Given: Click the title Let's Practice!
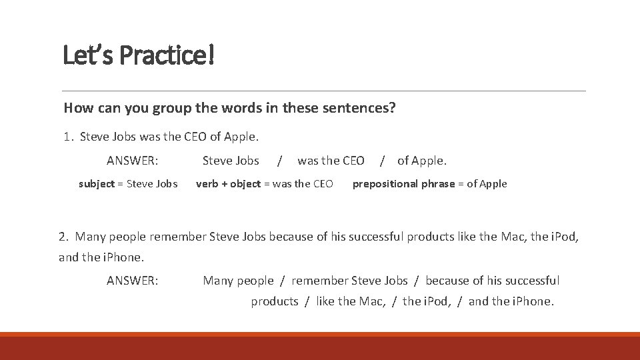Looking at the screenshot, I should pyautogui.click(x=139, y=55).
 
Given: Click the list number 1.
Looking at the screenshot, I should pyautogui.click(x=67, y=137).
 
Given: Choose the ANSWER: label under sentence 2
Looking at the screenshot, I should pyautogui.click(x=132, y=281).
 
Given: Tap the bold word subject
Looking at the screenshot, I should pyautogui.click(x=97, y=184).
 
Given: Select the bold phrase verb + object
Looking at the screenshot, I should pyautogui.click(x=228, y=184).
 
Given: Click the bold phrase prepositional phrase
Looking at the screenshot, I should pyautogui.click(x=403, y=184).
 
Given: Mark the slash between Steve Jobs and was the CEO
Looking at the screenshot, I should pyautogui.click(x=279, y=161).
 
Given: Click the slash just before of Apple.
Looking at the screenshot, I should pyautogui.click(x=382, y=161).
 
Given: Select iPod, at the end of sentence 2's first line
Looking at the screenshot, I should pyautogui.click(x=564, y=237).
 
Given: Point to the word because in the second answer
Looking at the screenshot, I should pyautogui.click(x=447, y=281).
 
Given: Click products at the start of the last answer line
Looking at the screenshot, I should pyautogui.click(x=274, y=301).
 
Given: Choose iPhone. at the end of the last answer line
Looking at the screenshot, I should pyautogui.click(x=533, y=301).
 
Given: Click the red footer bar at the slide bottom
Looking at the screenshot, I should pyautogui.click(x=320, y=347).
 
